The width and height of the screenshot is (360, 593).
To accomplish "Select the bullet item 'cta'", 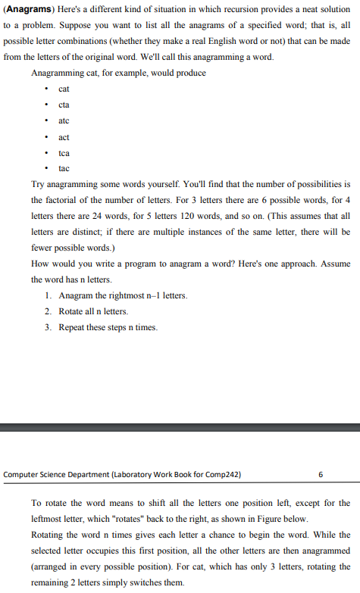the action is [64, 105].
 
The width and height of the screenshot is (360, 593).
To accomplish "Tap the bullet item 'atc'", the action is [64, 121].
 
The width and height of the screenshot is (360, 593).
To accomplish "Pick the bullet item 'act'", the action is [64, 137].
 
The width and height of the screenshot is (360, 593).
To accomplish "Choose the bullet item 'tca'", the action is [64, 153].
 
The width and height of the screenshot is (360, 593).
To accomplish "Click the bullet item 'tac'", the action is [64, 168].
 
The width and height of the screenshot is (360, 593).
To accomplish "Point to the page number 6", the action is [321, 475].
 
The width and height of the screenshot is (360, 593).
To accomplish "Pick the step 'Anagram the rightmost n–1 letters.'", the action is [122, 295].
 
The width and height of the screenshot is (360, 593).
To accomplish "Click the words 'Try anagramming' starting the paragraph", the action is [63, 184].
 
